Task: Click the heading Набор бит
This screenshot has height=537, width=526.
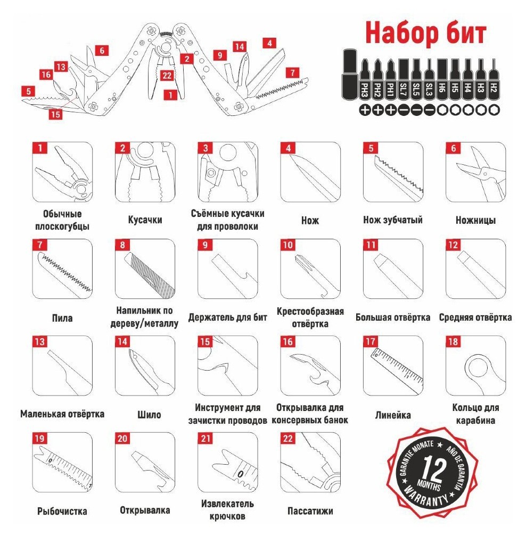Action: [x=425, y=33]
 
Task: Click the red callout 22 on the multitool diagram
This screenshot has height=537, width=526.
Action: [x=167, y=75]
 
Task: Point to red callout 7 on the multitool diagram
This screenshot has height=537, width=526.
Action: [x=292, y=73]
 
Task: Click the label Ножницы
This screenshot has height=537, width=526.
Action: [x=475, y=220]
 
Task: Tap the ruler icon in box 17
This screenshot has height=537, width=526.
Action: [x=397, y=370]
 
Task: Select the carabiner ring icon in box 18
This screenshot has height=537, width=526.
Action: [x=480, y=371]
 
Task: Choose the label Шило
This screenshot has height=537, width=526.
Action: [x=149, y=415]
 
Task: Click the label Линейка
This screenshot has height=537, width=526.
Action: [x=392, y=415]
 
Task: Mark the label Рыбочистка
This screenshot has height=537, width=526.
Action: [x=62, y=511]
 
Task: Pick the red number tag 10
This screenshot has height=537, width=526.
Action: [x=287, y=245]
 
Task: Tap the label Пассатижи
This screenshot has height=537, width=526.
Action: [x=310, y=511]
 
